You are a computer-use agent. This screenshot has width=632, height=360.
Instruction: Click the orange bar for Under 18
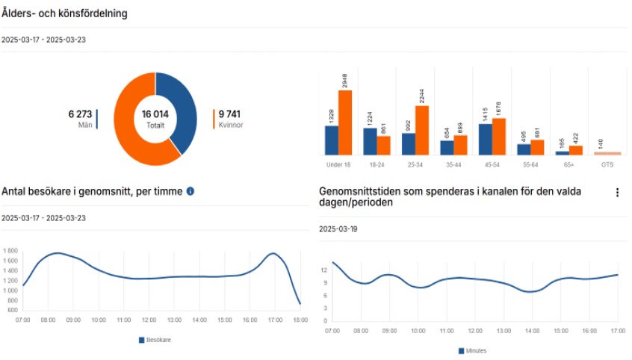[344, 122]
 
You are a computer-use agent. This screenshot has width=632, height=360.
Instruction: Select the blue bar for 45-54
[485, 140]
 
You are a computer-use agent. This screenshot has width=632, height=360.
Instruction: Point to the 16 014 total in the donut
[155, 114]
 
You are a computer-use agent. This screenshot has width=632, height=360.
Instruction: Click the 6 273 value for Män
[80, 114]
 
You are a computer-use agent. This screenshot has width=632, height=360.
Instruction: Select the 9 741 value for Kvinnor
[230, 114]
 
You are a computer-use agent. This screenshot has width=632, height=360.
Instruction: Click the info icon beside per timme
[190, 191]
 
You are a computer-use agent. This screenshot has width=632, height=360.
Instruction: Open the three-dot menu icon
[617, 193]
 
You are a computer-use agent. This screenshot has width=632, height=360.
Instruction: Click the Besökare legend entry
[155, 340]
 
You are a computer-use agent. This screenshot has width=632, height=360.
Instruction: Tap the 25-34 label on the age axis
[415, 164]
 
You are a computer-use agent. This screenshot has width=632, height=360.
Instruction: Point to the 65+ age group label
[569, 164]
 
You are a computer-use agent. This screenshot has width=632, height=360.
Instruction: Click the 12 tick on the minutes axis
[323, 270]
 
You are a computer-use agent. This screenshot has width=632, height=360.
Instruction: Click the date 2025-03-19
[338, 229]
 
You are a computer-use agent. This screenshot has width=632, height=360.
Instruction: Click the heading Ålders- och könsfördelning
[64, 13]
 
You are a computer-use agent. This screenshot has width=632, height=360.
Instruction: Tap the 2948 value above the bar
[345, 79]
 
